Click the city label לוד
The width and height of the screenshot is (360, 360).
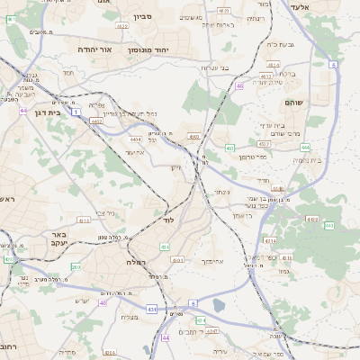pos(168,220)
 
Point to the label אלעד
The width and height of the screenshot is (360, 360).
pos(300,7)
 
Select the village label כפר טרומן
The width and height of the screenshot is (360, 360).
pos(254,156)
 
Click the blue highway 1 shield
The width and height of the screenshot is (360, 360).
pos(77,111)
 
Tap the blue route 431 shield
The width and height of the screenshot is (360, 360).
pos(152,309)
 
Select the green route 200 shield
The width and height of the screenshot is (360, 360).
pos(76,266)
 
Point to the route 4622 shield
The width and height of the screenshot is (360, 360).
pos(121,27)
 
